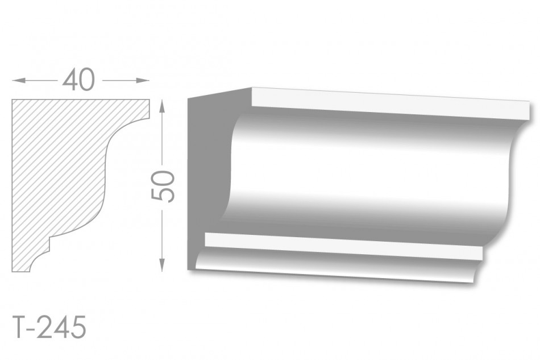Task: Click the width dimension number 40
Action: [78, 80]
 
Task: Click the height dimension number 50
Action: [163, 186]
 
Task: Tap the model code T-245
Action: [48, 327]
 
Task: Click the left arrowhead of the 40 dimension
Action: [19, 81]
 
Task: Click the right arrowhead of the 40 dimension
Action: [143, 81]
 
